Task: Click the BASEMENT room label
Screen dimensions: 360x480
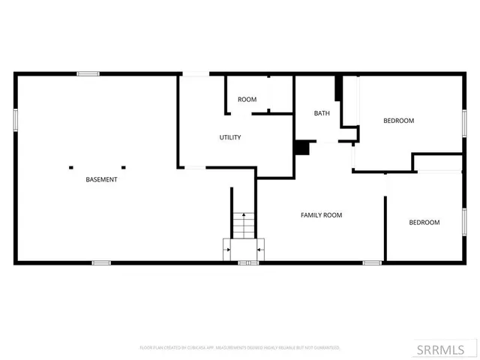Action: click(x=101, y=179)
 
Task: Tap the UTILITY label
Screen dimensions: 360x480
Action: click(x=229, y=137)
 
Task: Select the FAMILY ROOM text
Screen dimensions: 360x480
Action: click(x=321, y=215)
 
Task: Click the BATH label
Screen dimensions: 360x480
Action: click(x=322, y=113)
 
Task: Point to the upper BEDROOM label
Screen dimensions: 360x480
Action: click(x=398, y=121)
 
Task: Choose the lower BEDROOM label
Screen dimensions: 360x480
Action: click(x=424, y=222)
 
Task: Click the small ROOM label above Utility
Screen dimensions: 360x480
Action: click(x=247, y=100)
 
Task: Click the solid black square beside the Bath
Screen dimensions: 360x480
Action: click(x=302, y=148)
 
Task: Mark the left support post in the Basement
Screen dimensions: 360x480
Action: click(x=71, y=167)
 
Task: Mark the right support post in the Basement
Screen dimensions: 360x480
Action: click(x=124, y=167)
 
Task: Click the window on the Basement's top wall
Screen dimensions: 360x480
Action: click(x=88, y=73)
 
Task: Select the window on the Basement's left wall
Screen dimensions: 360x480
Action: click(x=15, y=120)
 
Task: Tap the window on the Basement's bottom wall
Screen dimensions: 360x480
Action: click(x=101, y=262)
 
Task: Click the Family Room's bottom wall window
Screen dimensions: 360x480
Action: click(x=372, y=262)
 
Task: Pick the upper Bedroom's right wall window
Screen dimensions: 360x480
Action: click(x=464, y=121)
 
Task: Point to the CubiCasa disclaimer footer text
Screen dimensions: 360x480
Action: click(x=240, y=348)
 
